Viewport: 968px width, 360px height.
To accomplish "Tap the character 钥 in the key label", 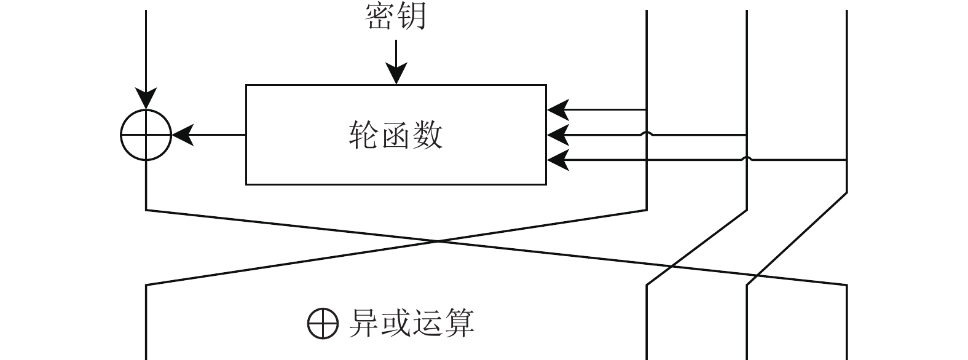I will pos(411,17).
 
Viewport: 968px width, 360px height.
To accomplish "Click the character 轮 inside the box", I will pos(364,135).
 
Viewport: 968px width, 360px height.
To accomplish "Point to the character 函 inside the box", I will pos(396,135).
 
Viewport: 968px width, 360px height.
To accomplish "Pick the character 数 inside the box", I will pos(428,135).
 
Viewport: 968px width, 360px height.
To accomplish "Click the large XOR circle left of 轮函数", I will pos(146,135).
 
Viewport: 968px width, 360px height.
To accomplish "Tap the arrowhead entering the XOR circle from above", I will pos(146,100).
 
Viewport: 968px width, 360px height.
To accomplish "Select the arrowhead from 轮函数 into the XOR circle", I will pos(183,135).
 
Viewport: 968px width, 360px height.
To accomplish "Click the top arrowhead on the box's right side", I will pos(557,110).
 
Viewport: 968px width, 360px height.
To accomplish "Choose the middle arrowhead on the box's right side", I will pos(557,135).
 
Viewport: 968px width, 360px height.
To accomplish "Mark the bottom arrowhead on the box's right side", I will pos(557,160).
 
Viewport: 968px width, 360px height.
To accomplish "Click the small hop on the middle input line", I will pos(647,133).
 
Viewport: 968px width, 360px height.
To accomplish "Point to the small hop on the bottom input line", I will pos(747,158).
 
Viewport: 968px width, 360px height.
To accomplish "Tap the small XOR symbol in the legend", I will pos(323,323).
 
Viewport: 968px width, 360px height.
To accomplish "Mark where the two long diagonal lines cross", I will pos(439,241).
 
